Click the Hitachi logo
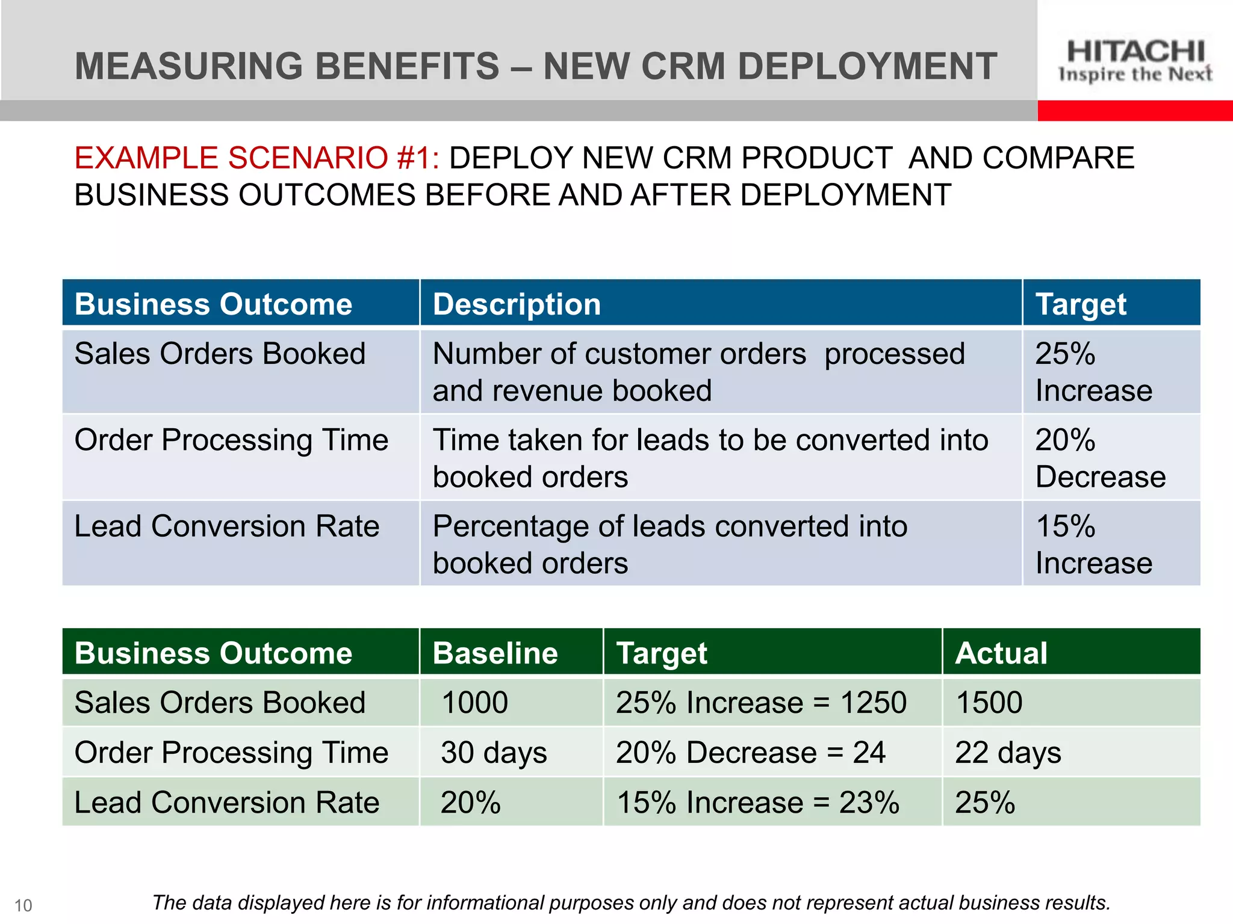[x=1135, y=60]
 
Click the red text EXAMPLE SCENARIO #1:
[x=256, y=158]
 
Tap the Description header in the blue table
[x=517, y=304]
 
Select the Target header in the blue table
[x=1081, y=304]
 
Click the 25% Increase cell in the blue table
[x=1093, y=372]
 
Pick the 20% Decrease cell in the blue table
[x=1099, y=458]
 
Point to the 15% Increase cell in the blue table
[x=1093, y=544]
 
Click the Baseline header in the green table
[x=495, y=653]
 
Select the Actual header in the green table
[x=1001, y=653]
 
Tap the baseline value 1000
[x=474, y=703]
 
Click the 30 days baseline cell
[x=494, y=753]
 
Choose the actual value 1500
[x=989, y=703]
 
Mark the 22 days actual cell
[x=1008, y=753]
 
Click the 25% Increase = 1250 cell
[x=761, y=703]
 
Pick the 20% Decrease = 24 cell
[x=750, y=753]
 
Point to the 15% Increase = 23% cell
[x=757, y=802]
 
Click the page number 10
[x=23, y=905]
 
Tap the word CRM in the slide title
[x=683, y=66]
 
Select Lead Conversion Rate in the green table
[x=227, y=802]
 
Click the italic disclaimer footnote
[x=631, y=903]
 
